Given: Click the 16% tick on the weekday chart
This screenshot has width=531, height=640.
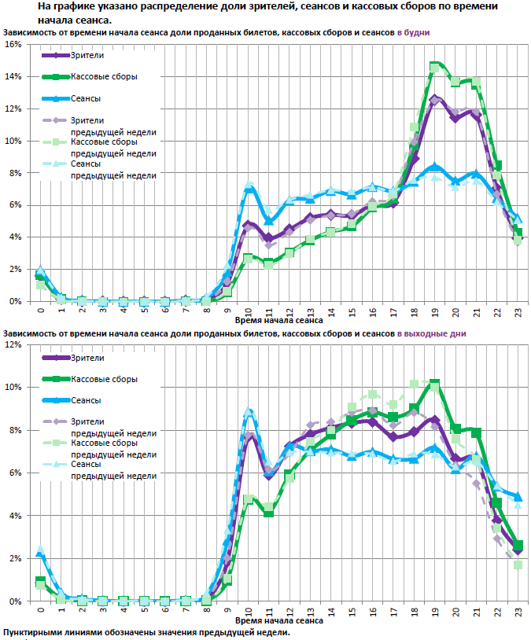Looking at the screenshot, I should [x=15, y=44].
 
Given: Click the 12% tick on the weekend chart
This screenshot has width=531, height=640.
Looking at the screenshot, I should [x=15, y=344].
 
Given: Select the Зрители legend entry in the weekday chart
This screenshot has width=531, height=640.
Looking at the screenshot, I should [x=87, y=56].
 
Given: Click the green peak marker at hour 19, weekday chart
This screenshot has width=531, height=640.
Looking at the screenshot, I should [x=434, y=67].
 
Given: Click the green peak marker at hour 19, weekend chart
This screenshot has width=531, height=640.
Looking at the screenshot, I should [x=434, y=384].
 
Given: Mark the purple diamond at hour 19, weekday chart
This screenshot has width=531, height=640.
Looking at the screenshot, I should [x=434, y=99].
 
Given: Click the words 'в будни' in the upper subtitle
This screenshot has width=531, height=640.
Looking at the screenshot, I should [x=415, y=31].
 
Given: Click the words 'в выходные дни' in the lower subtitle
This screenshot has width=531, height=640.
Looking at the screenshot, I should [x=432, y=333].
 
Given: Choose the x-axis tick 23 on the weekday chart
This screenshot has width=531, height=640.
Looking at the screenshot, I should [x=518, y=311].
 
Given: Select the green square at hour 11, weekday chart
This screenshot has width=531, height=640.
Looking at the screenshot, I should [x=268, y=264].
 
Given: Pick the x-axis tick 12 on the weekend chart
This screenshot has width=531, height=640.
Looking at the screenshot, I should [x=289, y=611].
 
